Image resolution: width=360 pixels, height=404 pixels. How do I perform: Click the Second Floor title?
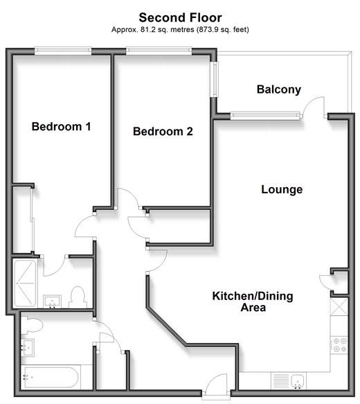[180, 18]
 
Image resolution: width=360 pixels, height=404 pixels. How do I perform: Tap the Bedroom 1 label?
[61, 127]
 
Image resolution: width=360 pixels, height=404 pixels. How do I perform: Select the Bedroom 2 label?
[163, 132]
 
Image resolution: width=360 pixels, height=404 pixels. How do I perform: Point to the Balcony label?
[279, 89]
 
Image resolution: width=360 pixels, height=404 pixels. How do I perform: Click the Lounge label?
[282, 190]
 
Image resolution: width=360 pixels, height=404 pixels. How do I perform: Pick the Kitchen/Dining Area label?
[253, 301]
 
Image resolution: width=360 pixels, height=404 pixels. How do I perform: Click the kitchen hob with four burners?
[339, 345]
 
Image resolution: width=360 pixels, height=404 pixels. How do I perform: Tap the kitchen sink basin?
[298, 381]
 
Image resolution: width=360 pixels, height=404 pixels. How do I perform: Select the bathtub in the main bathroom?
[51, 378]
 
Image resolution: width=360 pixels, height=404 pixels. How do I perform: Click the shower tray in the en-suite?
[25, 283]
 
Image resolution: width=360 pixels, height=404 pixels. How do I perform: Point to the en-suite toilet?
[78, 297]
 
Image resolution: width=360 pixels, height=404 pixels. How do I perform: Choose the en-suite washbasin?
[52, 301]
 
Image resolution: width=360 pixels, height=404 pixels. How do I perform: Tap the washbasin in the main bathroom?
[27, 347]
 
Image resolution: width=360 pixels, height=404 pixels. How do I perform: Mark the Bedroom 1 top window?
[63, 51]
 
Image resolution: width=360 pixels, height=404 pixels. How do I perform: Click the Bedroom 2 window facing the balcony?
[214, 79]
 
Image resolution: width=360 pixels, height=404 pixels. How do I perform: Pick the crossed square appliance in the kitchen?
[339, 306]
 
